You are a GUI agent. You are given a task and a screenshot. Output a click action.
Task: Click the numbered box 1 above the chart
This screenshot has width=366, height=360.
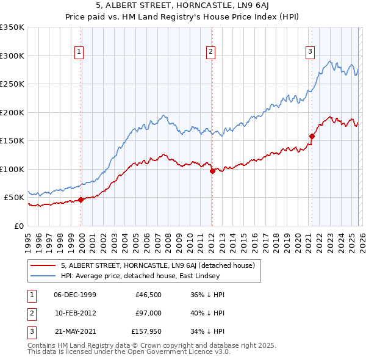click(79, 52)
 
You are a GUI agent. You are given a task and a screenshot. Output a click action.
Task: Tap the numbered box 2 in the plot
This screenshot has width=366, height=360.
click(210, 52)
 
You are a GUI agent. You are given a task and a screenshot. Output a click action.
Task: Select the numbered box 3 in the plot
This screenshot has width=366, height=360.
click(310, 52)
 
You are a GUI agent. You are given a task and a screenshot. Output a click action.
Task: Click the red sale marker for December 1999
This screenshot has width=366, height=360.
click(81, 200)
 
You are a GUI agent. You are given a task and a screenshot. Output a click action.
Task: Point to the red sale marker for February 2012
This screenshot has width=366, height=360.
click(212, 171)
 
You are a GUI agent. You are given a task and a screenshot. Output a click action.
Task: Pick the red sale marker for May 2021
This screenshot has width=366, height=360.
click(312, 136)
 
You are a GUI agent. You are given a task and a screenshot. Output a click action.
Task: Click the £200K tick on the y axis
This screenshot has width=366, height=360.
click(12, 112)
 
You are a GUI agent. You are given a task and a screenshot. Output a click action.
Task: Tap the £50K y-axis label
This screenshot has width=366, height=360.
click(14, 198)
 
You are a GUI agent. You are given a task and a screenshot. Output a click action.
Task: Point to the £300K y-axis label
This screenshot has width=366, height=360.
click(12, 56)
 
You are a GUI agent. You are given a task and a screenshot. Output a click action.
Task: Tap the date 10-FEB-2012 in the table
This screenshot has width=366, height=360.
click(75, 312)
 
